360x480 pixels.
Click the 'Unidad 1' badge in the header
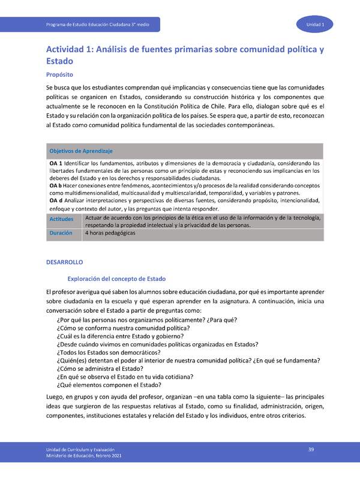coord(314,24)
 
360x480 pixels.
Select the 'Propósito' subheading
coord(59,75)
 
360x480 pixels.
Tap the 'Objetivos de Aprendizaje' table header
coord(80,151)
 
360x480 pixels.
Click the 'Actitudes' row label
coord(61,220)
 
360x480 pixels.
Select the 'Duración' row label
coord(61,233)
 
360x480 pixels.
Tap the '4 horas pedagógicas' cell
coord(110,233)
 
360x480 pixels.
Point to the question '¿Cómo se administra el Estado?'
coord(99,368)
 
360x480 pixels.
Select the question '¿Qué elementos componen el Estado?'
coord(105,385)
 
